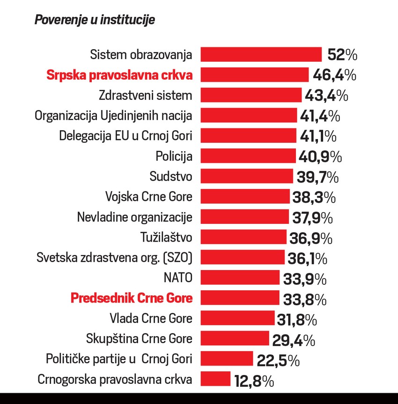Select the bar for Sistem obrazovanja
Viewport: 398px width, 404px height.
point(261,54)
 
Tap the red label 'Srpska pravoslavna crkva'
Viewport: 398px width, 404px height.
point(119,75)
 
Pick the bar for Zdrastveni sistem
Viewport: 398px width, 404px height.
point(251,95)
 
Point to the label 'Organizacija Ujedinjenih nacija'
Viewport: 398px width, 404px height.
point(114,116)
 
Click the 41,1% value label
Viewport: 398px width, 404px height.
point(318,136)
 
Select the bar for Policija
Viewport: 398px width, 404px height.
point(249,156)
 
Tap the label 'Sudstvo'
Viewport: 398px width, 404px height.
point(171,176)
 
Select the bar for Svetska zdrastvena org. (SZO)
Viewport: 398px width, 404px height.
point(243,257)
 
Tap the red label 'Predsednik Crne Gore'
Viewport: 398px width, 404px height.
point(132,298)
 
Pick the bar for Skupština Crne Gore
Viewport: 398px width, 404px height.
point(235,339)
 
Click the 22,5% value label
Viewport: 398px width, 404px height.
point(278,360)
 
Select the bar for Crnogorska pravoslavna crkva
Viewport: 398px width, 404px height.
point(216,379)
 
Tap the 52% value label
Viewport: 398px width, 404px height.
point(342,55)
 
